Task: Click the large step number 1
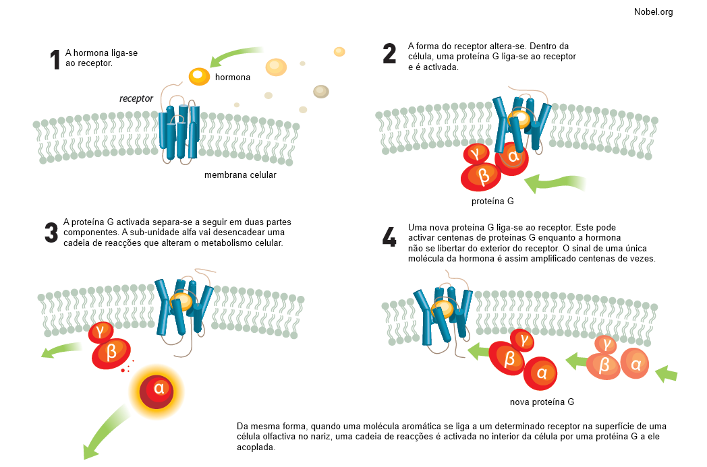pyautogui.click(x=55, y=61)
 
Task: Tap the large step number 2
pyautogui.click(x=389, y=53)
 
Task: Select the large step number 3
pyautogui.click(x=51, y=232)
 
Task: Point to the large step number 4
pyautogui.click(x=389, y=237)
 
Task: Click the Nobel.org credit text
pyautogui.click(x=653, y=11)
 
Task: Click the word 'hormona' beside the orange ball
pyautogui.click(x=233, y=77)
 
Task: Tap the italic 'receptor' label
pyautogui.click(x=136, y=98)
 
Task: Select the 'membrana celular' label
pyautogui.click(x=240, y=175)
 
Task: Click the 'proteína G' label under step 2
pyautogui.click(x=492, y=201)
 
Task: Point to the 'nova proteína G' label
pyautogui.click(x=542, y=402)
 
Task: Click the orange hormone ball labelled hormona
pyautogui.click(x=199, y=76)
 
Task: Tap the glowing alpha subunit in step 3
pyautogui.click(x=159, y=389)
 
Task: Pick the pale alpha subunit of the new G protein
pyautogui.click(x=635, y=364)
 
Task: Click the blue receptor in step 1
pyautogui.click(x=179, y=131)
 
